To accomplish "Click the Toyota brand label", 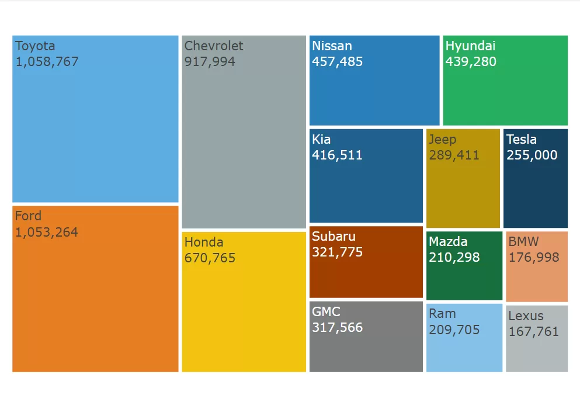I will coord(35,46).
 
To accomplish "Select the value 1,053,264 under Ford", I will coord(47,232).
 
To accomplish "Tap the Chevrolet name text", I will coord(214,46).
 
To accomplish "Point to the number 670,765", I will coord(210,258).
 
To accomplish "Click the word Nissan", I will coord(332,46).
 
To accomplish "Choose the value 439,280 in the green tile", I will coord(471,61).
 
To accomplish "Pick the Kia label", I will coord(321,140).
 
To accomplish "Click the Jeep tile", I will coord(463,187).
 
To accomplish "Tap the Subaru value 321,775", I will coord(338,252).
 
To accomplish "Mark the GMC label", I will coord(326,312).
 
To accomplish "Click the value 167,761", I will coord(534,332).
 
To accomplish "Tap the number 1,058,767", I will coord(47,61).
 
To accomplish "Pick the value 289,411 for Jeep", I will coord(454,155).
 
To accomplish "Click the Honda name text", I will coord(204,242).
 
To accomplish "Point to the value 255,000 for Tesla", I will coord(532,155).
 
